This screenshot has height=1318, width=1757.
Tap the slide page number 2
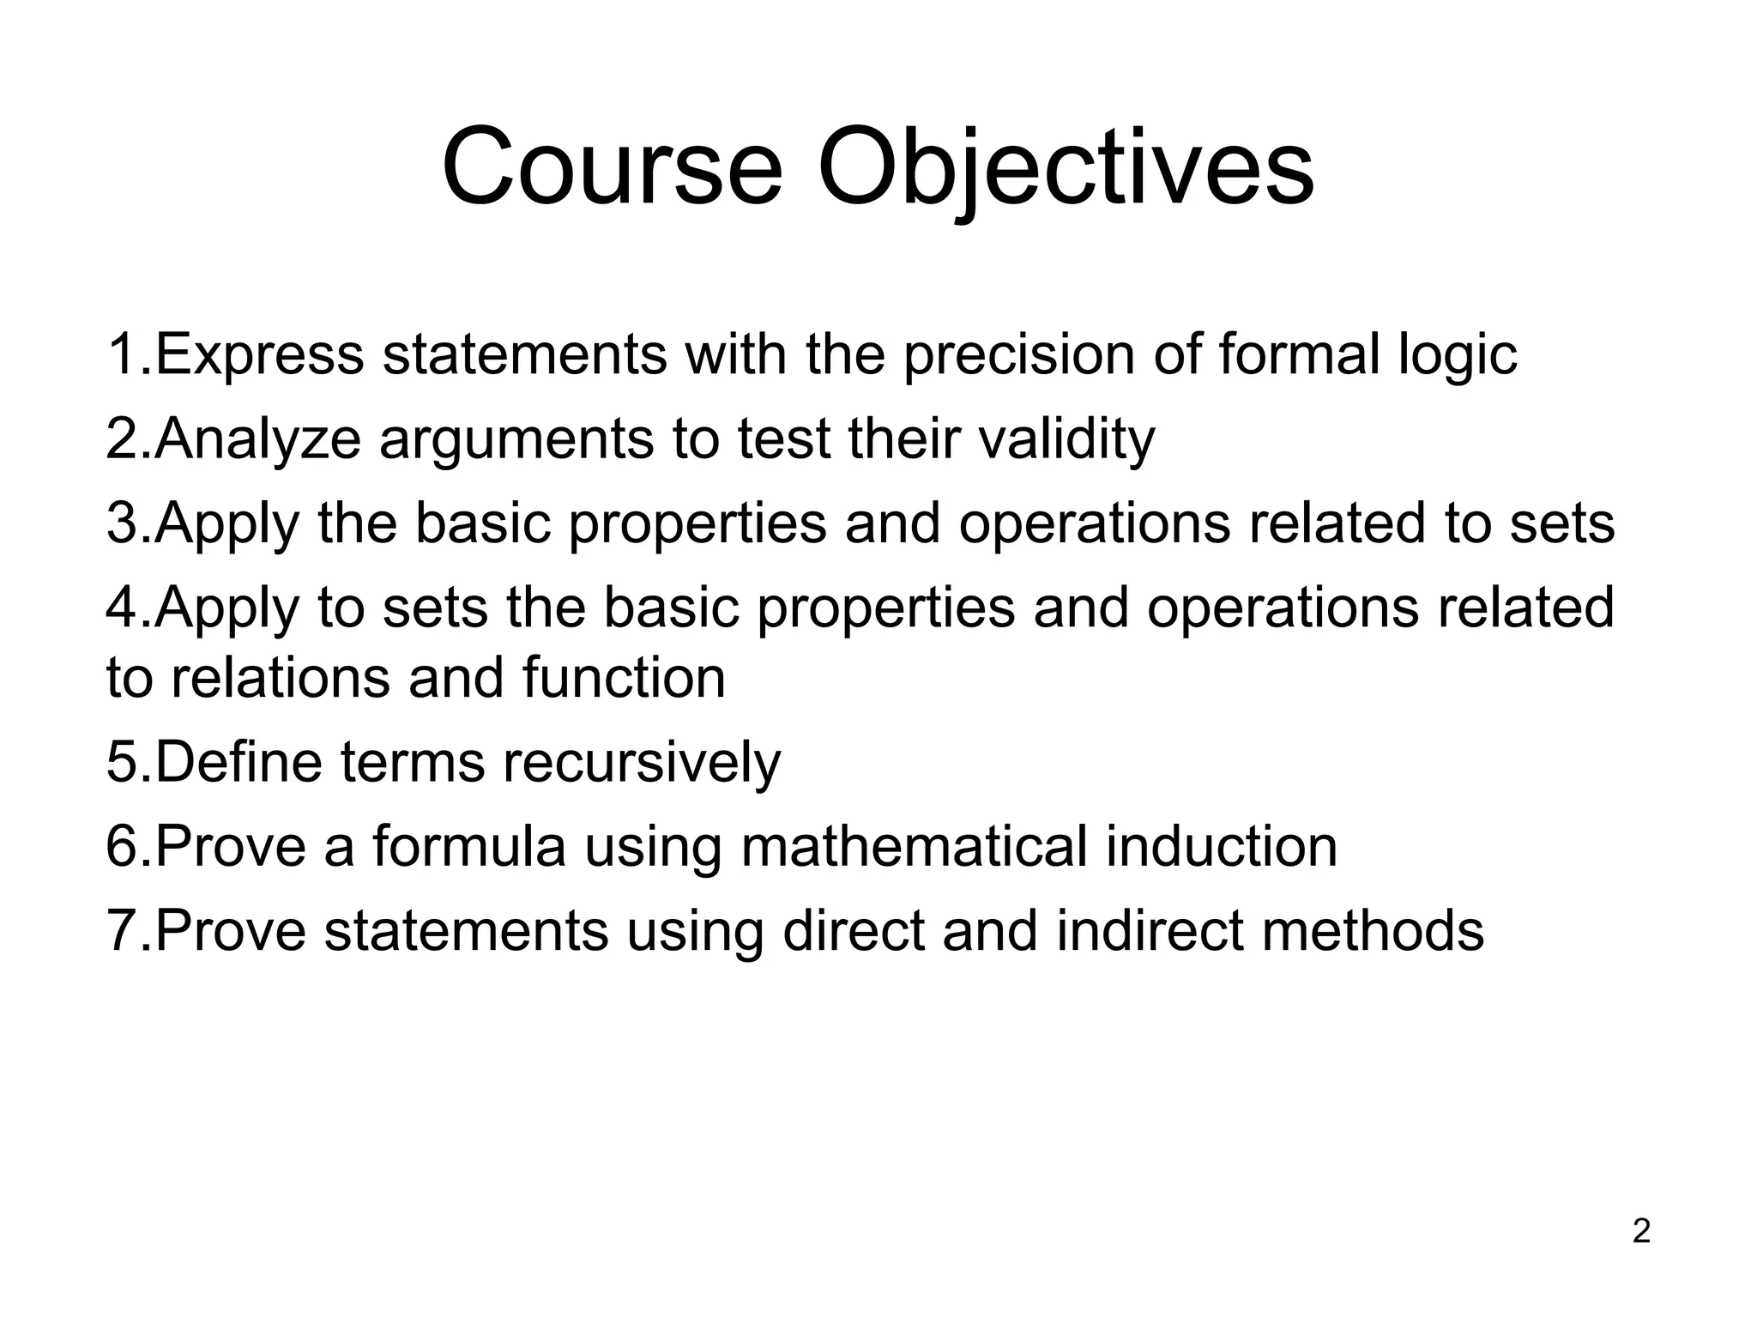click(x=1641, y=1232)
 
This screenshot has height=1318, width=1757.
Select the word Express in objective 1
click(x=260, y=354)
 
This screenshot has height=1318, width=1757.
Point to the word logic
click(x=1458, y=354)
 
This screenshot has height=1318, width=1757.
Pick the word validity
click(x=1066, y=438)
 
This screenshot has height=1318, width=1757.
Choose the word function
click(x=625, y=678)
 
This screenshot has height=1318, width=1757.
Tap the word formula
click(x=469, y=845)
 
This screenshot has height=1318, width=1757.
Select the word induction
click(x=1222, y=845)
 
